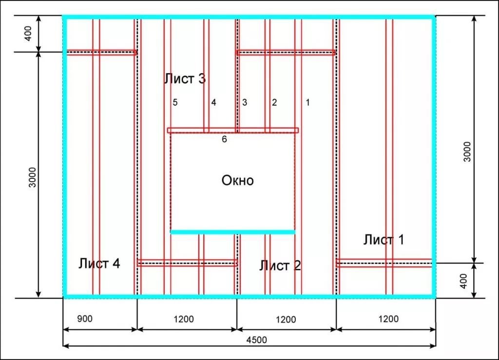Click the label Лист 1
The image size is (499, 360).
click(x=384, y=240)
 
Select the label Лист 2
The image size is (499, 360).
click(x=280, y=265)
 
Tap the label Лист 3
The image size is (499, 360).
click(x=185, y=78)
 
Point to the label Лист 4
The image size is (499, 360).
click(x=99, y=264)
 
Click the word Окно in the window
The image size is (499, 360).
click(x=238, y=180)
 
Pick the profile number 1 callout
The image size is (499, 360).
click(x=308, y=102)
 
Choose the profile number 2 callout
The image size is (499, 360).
click(x=274, y=102)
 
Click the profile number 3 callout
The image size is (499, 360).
click(x=245, y=102)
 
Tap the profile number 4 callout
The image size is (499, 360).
click(x=213, y=102)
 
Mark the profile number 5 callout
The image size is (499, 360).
click(x=175, y=102)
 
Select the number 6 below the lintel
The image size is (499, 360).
click(x=224, y=139)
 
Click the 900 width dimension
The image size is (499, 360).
click(x=85, y=319)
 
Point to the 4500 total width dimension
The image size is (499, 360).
click(x=256, y=340)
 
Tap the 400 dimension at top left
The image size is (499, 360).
click(x=28, y=34)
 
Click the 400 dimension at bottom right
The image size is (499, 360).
click(x=464, y=281)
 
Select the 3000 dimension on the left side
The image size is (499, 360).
click(x=33, y=177)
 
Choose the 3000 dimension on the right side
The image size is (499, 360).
click(x=467, y=152)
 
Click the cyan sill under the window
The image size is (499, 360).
click(x=233, y=232)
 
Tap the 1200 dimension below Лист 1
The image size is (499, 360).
click(x=388, y=319)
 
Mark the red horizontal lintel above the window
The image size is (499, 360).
click(x=233, y=130)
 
